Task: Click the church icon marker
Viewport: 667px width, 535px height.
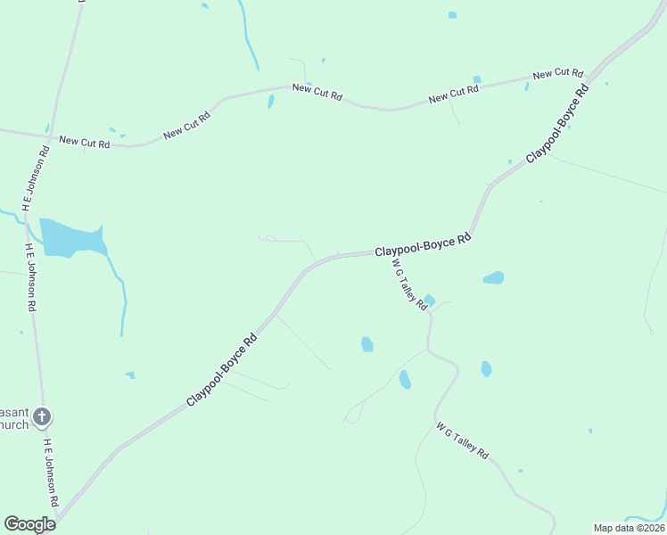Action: tap(42, 416)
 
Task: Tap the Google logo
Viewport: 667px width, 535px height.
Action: tap(29, 524)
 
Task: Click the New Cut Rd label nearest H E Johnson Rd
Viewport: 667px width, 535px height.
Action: tap(84, 142)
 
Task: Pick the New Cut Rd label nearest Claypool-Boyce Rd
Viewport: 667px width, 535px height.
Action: tap(557, 74)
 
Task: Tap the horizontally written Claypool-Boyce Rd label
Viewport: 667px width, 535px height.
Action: tap(422, 247)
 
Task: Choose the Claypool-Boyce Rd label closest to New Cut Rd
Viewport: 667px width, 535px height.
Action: tap(558, 124)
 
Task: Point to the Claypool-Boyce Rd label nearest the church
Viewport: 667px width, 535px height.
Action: tap(222, 371)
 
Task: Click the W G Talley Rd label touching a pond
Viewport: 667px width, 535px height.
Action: tap(411, 288)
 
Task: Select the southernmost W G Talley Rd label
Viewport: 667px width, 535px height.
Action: tap(463, 441)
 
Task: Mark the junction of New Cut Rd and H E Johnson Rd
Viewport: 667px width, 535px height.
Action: tap(48, 135)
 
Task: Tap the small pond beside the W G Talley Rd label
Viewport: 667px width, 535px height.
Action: tap(429, 300)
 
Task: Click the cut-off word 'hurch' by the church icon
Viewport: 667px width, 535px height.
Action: tap(15, 425)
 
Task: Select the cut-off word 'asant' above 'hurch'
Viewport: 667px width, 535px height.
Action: tap(14, 413)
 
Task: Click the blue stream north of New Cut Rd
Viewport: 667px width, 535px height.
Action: tap(249, 36)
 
